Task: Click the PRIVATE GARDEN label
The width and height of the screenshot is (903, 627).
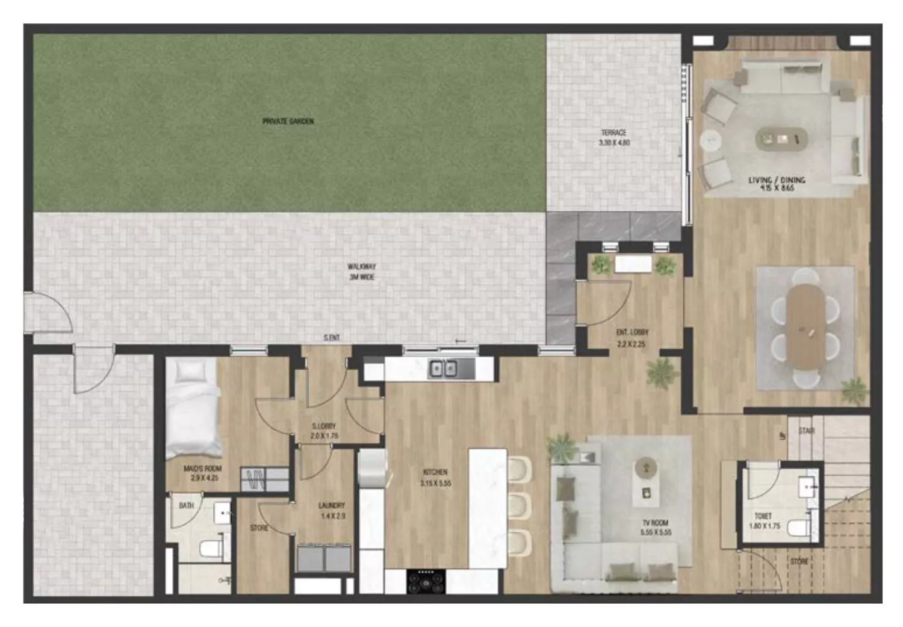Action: coord(288,121)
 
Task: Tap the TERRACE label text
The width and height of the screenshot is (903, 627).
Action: coord(613,133)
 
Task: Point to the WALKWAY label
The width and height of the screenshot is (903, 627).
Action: coord(361,266)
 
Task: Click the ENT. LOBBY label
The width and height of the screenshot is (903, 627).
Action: coord(632,332)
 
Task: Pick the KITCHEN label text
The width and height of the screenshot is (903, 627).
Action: coord(436,473)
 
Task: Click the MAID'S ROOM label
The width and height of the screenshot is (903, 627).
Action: coord(202,469)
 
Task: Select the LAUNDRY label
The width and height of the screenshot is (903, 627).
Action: coord(332,506)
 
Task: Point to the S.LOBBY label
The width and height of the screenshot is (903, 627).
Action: coord(324,426)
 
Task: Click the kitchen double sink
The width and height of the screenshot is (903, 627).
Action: coord(442,368)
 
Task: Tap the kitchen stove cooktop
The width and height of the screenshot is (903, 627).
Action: coord(426,581)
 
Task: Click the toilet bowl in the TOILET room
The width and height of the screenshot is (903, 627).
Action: coord(799,528)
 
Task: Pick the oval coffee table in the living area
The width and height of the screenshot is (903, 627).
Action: coord(781,139)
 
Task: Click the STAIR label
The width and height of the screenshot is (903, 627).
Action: coord(806,431)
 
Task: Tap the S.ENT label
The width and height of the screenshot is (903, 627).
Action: coord(332,338)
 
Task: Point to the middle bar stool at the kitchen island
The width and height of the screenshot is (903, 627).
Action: coord(520,504)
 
